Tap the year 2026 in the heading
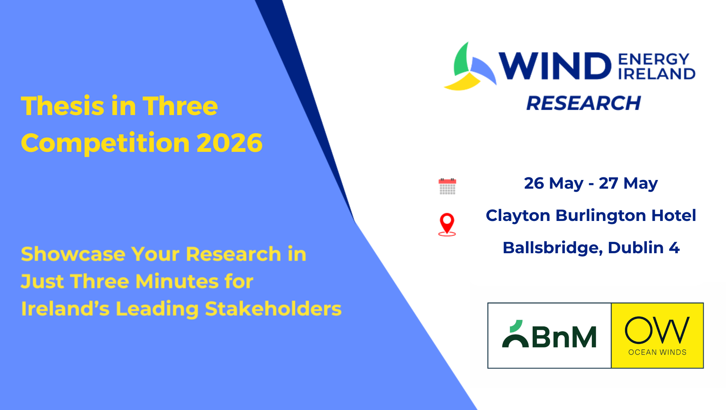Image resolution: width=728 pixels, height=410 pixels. (x=229, y=143)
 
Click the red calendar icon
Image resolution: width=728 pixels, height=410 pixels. (x=447, y=186)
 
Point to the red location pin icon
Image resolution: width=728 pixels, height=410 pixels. (x=447, y=224)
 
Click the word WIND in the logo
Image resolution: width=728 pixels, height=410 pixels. (x=554, y=66)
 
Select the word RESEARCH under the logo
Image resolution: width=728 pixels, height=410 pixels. (x=584, y=103)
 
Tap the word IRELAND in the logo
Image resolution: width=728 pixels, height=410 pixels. (x=657, y=74)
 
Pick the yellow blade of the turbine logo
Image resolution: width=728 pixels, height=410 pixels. (x=463, y=82)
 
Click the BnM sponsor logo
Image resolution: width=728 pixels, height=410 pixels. (x=549, y=335)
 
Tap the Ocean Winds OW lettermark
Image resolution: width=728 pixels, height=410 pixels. (x=657, y=330)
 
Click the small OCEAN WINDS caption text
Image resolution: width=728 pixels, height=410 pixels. (x=657, y=352)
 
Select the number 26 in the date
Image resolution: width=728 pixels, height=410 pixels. (x=534, y=183)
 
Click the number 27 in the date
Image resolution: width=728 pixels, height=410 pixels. (x=609, y=183)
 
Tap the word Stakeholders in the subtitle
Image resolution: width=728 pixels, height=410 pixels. (x=273, y=309)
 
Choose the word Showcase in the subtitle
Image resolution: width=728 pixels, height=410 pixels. (x=73, y=254)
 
